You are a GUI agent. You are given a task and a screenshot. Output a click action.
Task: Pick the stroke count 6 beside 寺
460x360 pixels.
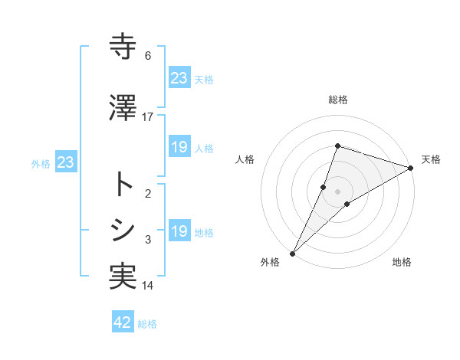pos(148,56)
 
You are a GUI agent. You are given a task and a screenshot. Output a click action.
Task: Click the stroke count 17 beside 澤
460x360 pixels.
pos(148,116)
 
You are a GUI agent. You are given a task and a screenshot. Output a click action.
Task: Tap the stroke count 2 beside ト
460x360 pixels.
pos(148,193)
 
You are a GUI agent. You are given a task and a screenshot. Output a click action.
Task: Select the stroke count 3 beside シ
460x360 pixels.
pos(148,240)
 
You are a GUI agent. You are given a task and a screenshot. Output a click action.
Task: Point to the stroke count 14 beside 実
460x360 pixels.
pos(148,286)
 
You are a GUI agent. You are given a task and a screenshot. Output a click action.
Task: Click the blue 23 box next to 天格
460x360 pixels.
pos(179,77)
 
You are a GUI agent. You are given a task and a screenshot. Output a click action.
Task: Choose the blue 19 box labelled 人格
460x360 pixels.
pos(179,147)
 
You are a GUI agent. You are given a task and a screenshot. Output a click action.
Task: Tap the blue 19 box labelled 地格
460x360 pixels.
pos(179,231)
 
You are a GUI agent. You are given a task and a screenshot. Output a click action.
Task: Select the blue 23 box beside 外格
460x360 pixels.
pos(65,162)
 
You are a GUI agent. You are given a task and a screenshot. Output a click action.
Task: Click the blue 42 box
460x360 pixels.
pos(123,322)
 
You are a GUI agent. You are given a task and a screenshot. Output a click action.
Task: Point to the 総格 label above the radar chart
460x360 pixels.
pos(337,100)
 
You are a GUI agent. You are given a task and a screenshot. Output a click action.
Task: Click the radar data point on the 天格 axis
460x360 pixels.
pos(411,168)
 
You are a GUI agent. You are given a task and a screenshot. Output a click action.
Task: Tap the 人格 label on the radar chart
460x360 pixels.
pos(245,159)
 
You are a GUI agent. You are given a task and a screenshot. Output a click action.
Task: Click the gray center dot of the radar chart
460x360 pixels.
pos(337,191)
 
